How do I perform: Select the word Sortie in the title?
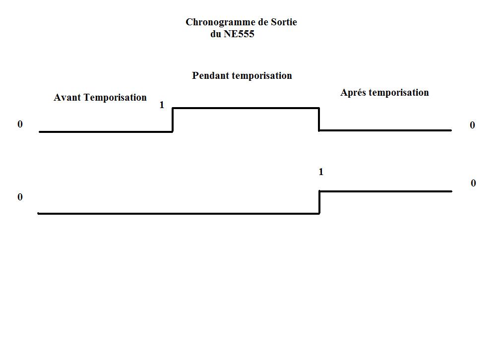click(x=283, y=22)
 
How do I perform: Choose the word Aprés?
click(x=354, y=93)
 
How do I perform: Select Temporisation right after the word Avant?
click(x=115, y=98)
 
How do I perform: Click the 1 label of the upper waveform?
click(x=162, y=105)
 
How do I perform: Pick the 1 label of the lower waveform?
click(x=321, y=172)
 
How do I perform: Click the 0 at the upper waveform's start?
click(x=20, y=124)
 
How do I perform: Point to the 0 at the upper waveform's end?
click(x=473, y=125)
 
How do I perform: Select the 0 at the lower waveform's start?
click(x=20, y=197)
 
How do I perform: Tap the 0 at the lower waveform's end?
click(x=473, y=183)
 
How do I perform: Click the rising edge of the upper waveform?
click(x=173, y=120)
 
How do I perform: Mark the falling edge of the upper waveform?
click(x=319, y=120)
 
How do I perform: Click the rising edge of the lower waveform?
click(x=319, y=202)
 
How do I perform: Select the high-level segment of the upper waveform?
click(x=246, y=108)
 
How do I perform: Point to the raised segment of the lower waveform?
click(x=385, y=191)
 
